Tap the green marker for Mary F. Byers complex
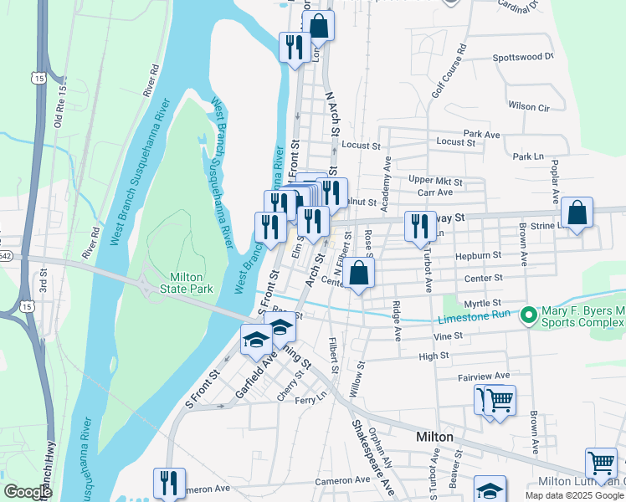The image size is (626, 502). (528, 317)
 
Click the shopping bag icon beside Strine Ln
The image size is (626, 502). (577, 213)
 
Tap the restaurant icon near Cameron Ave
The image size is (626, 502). (169, 483)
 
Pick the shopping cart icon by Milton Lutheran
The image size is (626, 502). (601, 463)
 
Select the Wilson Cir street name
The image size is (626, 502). (528, 107)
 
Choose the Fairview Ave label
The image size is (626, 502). (484, 377)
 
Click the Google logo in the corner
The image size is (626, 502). (28, 491)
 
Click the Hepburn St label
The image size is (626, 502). (479, 254)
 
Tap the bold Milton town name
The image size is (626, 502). (434, 438)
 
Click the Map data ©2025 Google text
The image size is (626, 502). (574, 494)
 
